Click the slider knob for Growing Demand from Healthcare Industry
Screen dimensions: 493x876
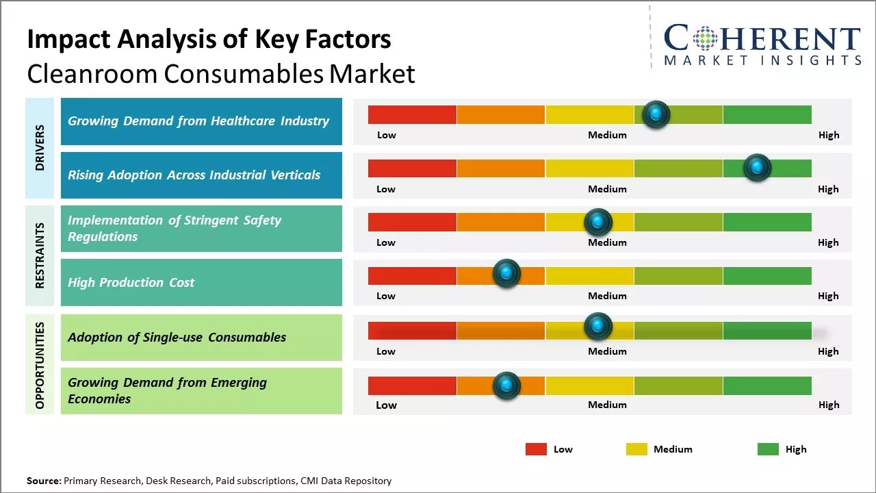click(x=656, y=114)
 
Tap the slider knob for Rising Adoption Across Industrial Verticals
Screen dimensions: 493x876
click(x=757, y=168)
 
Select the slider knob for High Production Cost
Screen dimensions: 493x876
click(x=506, y=274)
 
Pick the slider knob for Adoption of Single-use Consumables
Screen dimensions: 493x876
click(x=598, y=327)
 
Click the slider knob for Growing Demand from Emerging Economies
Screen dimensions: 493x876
click(x=506, y=385)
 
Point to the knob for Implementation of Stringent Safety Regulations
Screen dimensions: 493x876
click(x=598, y=222)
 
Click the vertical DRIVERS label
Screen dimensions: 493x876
click(x=40, y=148)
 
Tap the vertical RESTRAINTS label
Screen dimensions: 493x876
click(x=40, y=255)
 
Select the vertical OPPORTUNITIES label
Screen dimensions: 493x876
click(x=40, y=365)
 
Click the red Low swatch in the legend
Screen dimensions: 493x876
click(x=536, y=449)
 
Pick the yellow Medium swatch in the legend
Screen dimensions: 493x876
click(x=636, y=449)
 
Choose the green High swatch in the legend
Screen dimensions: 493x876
click(x=768, y=449)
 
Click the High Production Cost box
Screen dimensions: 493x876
click(x=201, y=282)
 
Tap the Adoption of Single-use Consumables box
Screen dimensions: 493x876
click(x=201, y=337)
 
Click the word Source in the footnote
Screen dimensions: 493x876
click(x=44, y=481)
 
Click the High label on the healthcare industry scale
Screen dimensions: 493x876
click(x=829, y=135)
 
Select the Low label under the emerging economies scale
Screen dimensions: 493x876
click(x=386, y=405)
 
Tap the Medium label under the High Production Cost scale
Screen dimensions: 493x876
click(x=607, y=296)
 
